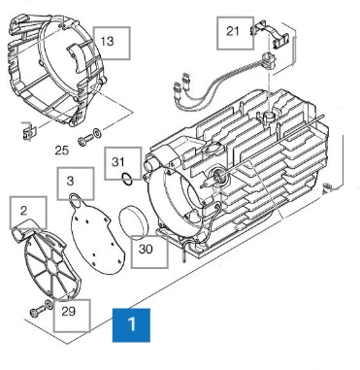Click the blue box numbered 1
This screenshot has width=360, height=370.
[x=131, y=325]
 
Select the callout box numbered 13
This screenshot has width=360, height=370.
[x=112, y=43]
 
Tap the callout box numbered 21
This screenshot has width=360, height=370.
[x=235, y=33]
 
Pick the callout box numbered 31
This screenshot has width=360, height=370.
[x=123, y=163]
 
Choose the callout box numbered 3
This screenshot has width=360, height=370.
[x=76, y=184]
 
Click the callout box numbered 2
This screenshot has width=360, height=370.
[x=28, y=213]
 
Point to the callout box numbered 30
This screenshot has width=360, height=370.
[x=149, y=252]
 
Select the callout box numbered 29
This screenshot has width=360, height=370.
[x=72, y=316]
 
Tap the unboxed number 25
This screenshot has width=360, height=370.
[x=62, y=151]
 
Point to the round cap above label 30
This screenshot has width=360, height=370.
[x=133, y=222]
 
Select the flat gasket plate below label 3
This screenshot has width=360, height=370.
[x=95, y=235]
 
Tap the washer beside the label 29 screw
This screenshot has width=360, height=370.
[x=49, y=305]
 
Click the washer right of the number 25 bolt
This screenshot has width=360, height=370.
[x=97, y=132]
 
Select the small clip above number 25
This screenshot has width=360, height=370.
[x=28, y=132]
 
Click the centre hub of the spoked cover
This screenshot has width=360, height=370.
[x=51, y=267]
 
